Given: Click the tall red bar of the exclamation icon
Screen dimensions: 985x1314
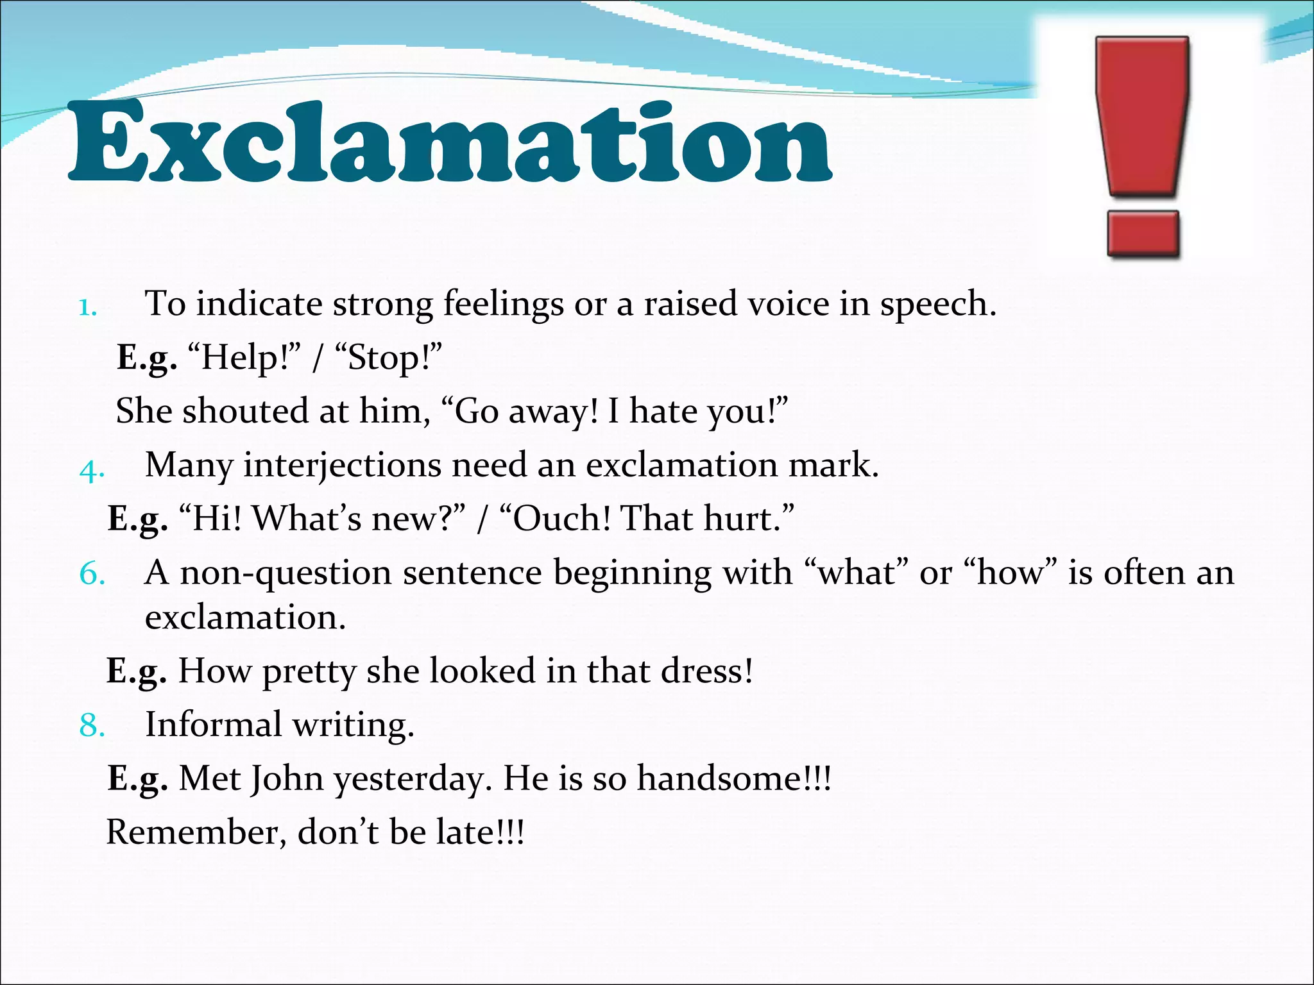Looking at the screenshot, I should (1142, 115).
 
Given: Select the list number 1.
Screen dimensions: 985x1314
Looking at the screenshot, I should (87, 308).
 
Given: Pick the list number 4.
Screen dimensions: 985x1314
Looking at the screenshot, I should (92, 471).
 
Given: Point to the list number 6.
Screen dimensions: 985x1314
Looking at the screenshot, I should (92, 573).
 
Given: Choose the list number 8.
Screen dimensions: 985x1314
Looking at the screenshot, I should (92, 725).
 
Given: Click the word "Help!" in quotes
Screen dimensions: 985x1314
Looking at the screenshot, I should (244, 358).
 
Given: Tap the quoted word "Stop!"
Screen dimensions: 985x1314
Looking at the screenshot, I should (388, 358).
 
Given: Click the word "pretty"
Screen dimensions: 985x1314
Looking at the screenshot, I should (309, 672).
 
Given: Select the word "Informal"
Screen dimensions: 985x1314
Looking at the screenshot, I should (213, 725).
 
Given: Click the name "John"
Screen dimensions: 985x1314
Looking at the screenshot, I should (286, 779).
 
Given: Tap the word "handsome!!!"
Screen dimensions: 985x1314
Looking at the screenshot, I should (733, 779).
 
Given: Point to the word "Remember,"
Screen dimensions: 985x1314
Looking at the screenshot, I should (196, 832).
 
